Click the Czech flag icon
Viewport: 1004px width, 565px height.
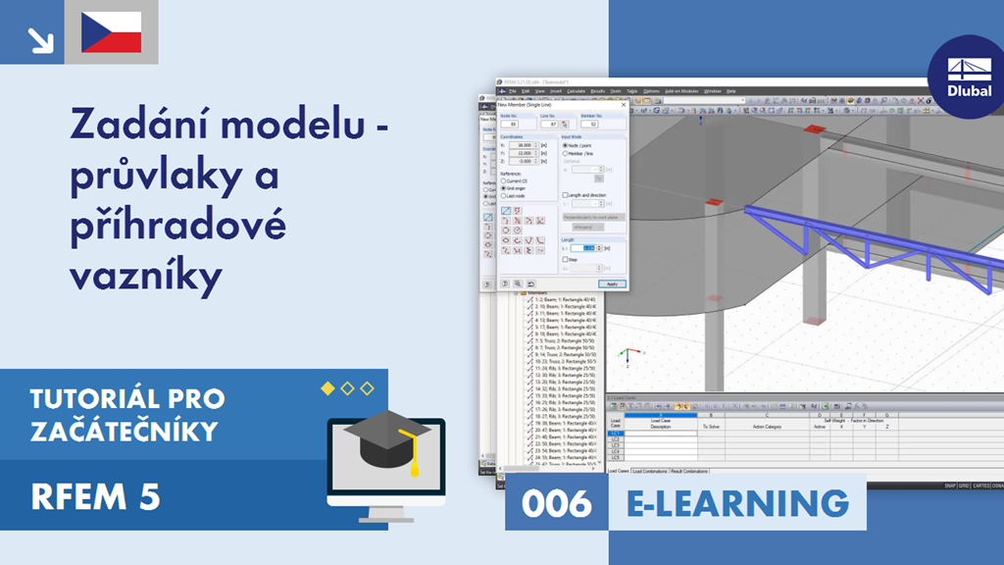tap(112, 32)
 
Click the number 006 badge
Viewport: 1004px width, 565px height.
tap(557, 503)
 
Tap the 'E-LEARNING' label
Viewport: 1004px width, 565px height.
tap(737, 503)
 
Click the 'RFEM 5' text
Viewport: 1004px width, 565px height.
tap(95, 497)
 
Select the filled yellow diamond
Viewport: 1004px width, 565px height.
tap(327, 388)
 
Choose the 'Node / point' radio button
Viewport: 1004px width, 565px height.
tap(566, 144)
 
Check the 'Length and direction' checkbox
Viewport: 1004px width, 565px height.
tap(565, 194)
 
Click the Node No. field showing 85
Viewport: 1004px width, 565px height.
tap(510, 125)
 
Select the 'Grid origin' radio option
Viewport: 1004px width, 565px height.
tap(503, 187)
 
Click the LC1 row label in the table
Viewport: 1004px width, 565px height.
tap(615, 433)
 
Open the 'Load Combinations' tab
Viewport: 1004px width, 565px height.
tap(650, 471)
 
